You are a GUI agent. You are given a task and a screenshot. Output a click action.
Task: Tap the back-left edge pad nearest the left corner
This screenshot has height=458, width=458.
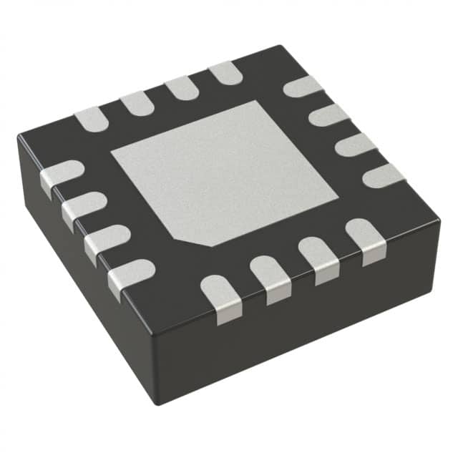point(92,119)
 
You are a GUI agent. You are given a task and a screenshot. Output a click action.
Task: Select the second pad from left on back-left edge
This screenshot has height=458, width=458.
point(137,104)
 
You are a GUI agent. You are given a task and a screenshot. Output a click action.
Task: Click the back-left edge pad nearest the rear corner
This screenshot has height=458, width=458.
point(225,72)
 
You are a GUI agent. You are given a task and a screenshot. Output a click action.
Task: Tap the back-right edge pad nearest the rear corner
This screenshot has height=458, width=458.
point(303,86)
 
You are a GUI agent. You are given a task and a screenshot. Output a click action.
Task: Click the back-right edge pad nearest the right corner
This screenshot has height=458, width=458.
point(383,175)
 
